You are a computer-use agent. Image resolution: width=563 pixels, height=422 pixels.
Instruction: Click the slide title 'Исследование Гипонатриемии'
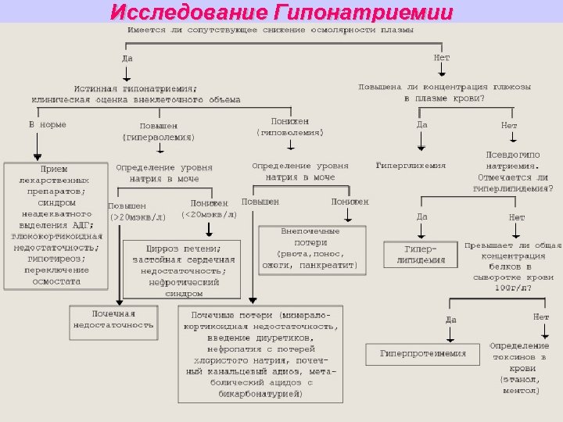pos(281,12)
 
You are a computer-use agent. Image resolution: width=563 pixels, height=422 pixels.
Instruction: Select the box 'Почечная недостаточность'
pos(113,319)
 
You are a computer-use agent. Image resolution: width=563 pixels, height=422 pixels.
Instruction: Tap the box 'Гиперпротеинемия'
pos(423,353)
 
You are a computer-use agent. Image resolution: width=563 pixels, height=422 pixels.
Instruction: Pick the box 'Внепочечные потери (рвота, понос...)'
pos(310,249)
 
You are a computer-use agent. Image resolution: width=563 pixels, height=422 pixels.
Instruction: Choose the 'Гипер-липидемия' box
pos(420,255)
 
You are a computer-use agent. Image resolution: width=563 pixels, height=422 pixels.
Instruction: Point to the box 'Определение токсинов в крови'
pos(518,367)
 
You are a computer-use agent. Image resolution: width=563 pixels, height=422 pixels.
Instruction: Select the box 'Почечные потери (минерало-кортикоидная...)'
pos(261,355)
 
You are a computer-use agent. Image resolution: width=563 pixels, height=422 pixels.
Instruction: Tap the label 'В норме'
pos(48,124)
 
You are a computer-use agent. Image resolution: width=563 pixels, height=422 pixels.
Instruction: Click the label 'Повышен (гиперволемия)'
pos(158,131)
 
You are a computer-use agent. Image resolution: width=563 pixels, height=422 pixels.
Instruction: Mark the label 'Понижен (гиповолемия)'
pos(289,127)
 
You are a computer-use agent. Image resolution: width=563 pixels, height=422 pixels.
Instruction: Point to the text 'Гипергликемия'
pos(411,166)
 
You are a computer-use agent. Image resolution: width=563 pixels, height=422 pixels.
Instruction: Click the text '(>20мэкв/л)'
pos(137,217)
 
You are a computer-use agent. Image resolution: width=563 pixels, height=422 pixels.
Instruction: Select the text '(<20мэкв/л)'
pos(209,214)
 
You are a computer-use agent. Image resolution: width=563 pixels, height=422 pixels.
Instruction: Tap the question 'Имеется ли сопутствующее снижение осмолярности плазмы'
pos(271,30)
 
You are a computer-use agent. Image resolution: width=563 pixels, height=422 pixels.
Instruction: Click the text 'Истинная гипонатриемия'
pos(135,88)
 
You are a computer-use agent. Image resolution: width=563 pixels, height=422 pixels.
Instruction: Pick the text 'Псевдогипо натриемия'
pos(513,160)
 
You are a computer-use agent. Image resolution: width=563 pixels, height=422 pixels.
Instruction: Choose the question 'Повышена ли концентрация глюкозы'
pos(444,86)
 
